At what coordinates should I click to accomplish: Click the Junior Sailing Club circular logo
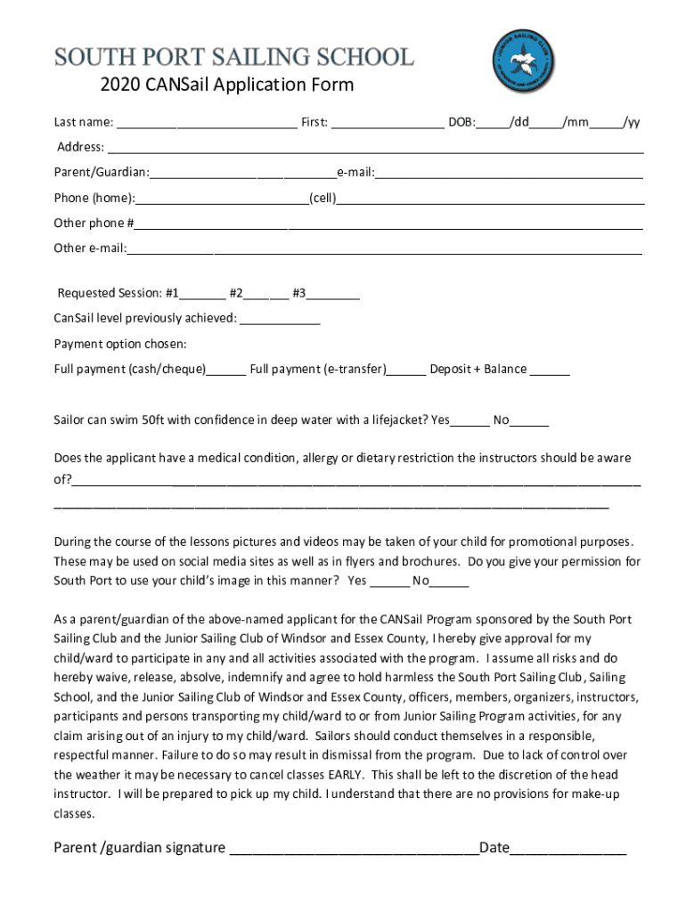(525, 62)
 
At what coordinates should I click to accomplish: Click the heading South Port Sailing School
(234, 57)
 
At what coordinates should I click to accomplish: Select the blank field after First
(388, 123)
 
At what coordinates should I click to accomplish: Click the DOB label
(461, 122)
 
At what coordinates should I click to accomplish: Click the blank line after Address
(374, 148)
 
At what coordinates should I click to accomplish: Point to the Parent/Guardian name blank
(242, 173)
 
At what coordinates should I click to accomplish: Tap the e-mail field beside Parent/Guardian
(509, 173)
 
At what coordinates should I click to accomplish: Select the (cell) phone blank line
(490, 199)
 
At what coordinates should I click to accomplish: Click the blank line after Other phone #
(388, 224)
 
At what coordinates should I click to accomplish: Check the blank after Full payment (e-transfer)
(406, 370)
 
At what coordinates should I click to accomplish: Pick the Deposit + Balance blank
(550, 370)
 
